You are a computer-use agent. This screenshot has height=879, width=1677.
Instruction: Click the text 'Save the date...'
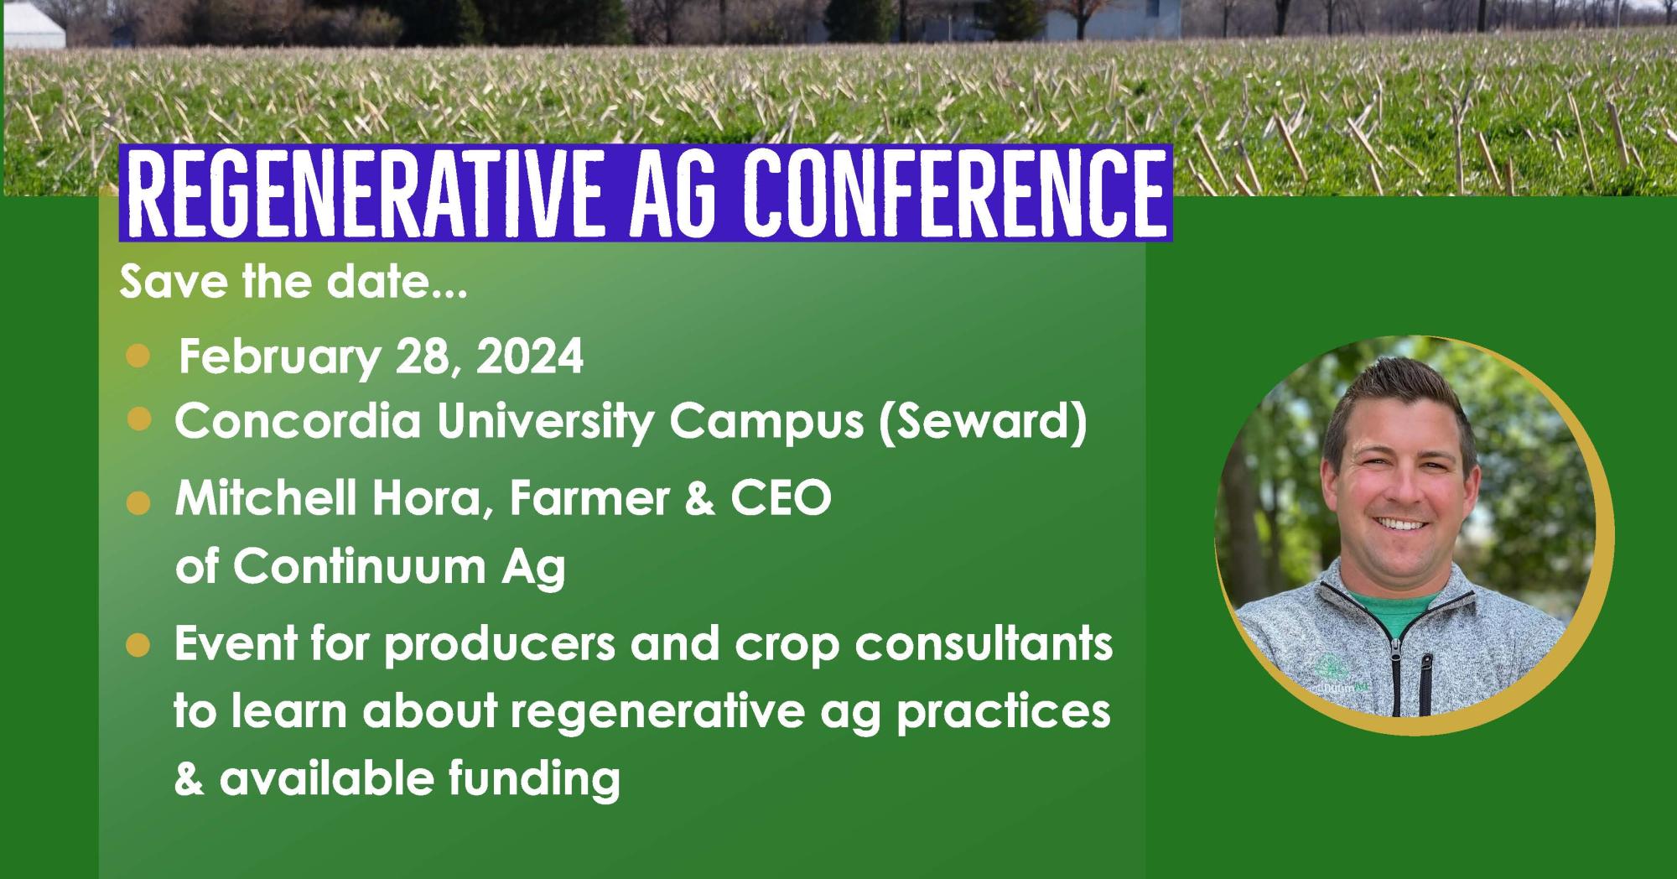click(293, 283)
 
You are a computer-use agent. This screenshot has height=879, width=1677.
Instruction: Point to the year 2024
click(530, 357)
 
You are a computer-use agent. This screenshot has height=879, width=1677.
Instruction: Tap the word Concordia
click(298, 421)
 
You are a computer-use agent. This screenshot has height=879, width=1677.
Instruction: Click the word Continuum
click(360, 568)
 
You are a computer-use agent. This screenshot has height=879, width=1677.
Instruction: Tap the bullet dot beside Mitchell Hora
click(138, 503)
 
